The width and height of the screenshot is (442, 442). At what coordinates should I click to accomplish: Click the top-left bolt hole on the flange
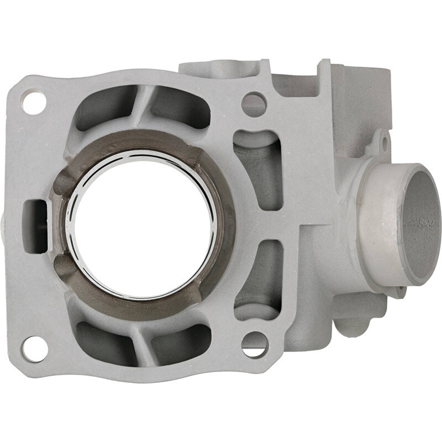pos(34,103)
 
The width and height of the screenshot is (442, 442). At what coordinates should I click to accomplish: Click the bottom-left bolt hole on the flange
pos(34,348)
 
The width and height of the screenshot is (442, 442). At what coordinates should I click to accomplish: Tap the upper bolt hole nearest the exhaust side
pos(254,103)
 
